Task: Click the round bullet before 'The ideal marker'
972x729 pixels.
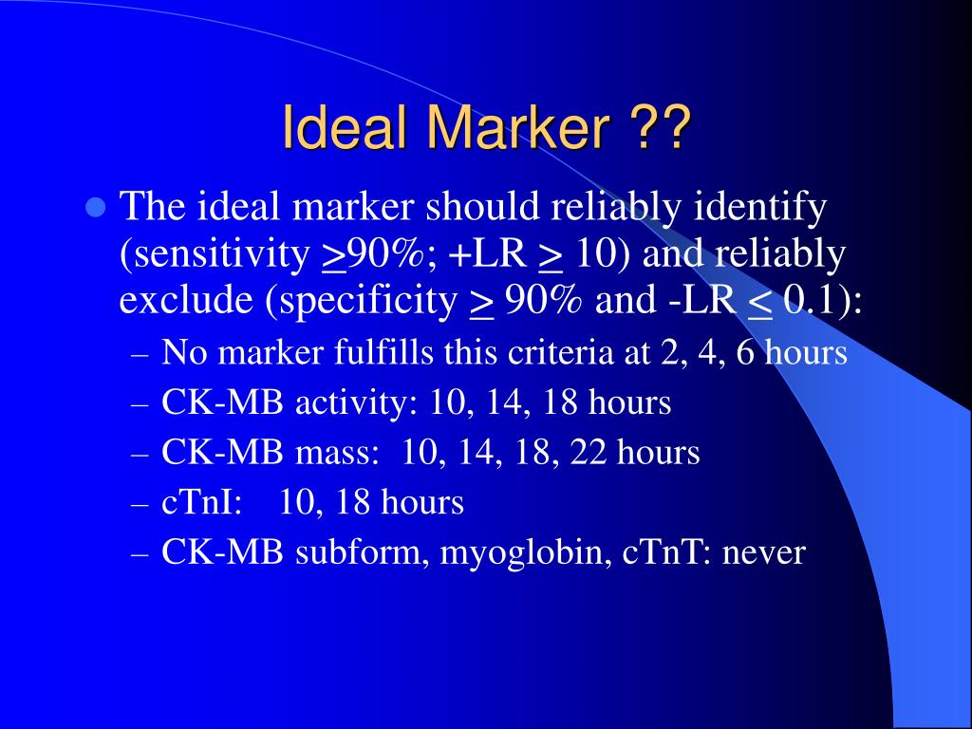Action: tap(94, 207)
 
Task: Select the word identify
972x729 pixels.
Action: tap(759, 207)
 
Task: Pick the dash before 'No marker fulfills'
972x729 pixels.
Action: tap(140, 354)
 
